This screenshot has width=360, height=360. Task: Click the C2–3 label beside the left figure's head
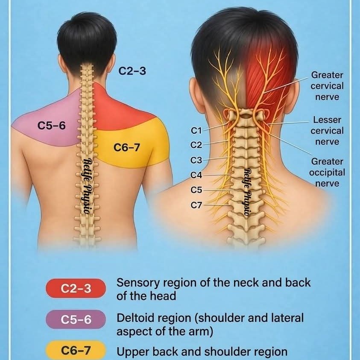pos(132,71)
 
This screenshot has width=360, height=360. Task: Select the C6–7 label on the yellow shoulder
pos(127,148)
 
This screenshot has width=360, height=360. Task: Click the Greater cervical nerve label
pos(327,86)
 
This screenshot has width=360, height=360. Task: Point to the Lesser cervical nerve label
pos(327,131)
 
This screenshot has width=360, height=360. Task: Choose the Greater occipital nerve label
pos(328,173)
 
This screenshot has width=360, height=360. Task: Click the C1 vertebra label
pos(196,129)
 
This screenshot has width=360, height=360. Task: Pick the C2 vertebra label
pos(196,145)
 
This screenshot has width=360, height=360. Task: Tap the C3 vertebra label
pos(196,160)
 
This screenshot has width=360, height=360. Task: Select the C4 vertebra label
pos(196,175)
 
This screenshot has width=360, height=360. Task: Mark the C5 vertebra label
pos(196,190)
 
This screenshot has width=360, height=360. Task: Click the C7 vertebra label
pos(196,205)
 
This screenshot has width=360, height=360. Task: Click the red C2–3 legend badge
pos(76,288)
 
